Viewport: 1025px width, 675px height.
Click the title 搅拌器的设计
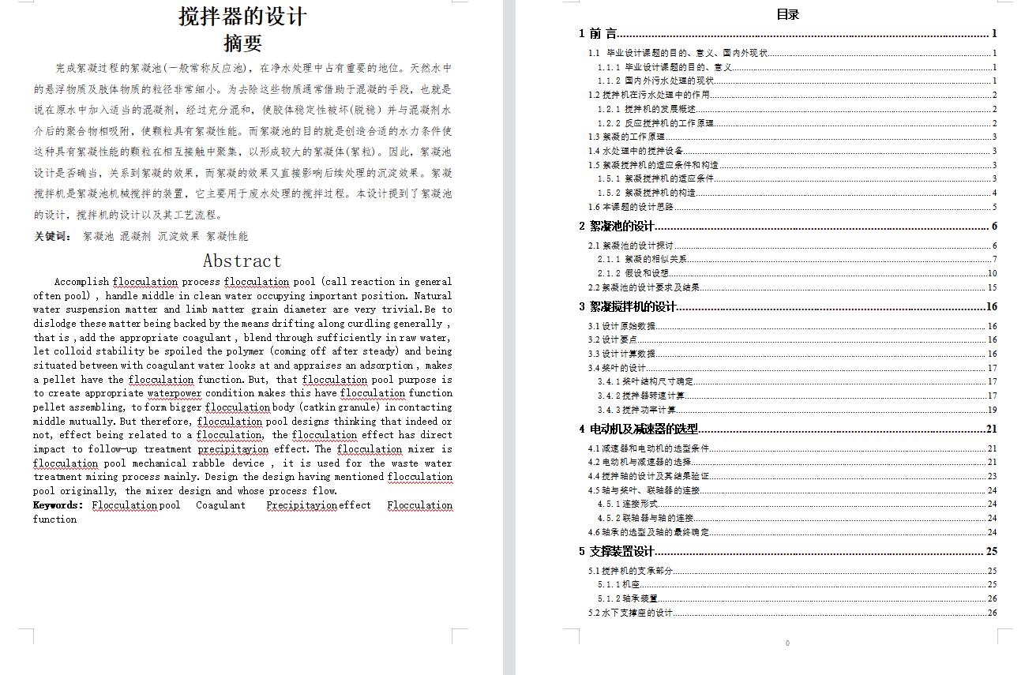coord(242,16)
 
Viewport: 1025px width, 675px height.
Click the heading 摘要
coord(242,43)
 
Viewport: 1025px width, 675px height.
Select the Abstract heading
coord(242,261)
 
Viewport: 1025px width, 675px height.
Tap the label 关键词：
coord(53,236)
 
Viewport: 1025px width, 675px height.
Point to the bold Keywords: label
coord(58,505)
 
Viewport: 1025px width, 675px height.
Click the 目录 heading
coord(787,14)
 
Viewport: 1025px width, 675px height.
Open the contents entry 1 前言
coord(598,33)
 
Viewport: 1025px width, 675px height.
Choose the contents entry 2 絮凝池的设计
coord(617,227)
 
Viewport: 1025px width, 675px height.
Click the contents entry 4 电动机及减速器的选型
coord(639,429)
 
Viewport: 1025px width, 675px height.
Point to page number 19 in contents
coord(992,410)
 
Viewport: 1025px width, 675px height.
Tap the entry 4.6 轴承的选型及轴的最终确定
coord(648,532)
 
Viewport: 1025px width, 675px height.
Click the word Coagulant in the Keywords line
coord(220,505)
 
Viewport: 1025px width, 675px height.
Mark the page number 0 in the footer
coord(787,643)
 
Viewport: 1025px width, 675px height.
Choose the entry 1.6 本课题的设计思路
coord(631,207)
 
